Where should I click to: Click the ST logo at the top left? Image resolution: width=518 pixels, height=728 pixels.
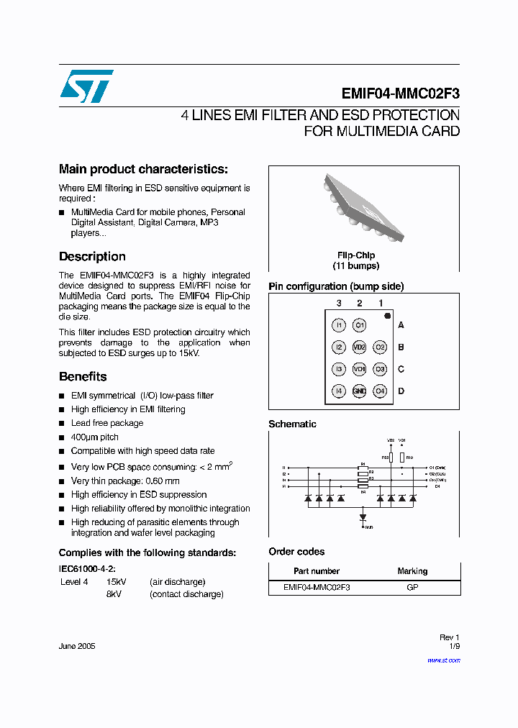click(86, 86)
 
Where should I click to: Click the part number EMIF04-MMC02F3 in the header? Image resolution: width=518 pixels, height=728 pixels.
click(400, 94)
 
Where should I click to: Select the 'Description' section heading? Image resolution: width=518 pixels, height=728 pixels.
click(92, 257)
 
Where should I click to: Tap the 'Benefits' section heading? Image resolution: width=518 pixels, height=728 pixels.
click(83, 377)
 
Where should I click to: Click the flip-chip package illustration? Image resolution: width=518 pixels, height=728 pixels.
click(363, 206)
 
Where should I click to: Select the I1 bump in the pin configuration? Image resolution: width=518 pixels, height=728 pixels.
click(339, 326)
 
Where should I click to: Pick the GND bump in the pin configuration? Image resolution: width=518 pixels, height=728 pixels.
click(360, 391)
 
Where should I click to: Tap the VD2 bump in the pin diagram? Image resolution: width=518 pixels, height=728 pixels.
click(360, 347)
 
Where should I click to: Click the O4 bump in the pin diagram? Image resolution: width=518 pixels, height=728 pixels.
click(381, 391)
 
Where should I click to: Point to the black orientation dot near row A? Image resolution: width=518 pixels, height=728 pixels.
click(387, 316)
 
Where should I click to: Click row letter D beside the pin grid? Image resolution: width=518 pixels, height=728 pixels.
click(401, 391)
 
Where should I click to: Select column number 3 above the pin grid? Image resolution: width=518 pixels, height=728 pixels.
click(339, 303)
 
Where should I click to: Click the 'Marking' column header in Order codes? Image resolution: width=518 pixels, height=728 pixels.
click(412, 571)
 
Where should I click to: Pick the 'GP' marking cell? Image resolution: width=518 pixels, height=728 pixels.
click(412, 587)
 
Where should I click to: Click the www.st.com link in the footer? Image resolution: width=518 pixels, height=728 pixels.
click(446, 660)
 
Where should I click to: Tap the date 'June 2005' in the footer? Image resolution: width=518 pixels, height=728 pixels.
click(77, 646)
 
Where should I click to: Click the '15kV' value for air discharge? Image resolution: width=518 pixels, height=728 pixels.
click(117, 582)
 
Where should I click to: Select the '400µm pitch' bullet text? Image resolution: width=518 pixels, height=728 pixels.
click(95, 437)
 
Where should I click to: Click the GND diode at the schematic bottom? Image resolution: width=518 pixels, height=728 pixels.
click(363, 517)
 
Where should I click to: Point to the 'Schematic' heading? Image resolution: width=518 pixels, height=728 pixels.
click(292, 424)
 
